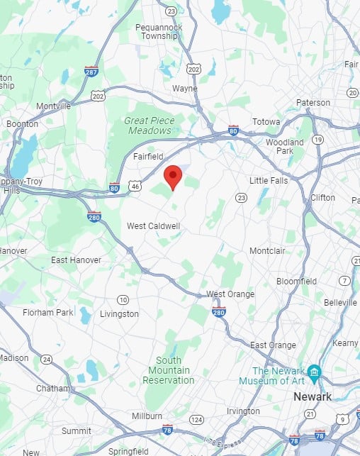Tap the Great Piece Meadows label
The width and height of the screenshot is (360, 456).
click(149, 126)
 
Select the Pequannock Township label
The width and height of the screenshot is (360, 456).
click(159, 32)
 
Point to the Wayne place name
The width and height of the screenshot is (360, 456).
click(185, 89)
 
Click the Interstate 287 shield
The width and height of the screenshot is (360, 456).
click(91, 72)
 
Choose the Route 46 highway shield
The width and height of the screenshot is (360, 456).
click(134, 184)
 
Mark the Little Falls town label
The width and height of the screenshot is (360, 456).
click(269, 180)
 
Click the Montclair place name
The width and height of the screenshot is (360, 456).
click(269, 251)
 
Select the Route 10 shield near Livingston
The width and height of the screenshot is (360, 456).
click(123, 299)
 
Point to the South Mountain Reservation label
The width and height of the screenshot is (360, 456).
click(169, 370)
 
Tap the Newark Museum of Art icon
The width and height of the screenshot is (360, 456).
click(314, 372)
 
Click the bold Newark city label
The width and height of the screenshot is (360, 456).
click(313, 397)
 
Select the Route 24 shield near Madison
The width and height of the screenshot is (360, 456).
click(46, 360)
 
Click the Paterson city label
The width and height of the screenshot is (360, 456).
click(313, 103)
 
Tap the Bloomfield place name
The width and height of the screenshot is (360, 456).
click(296, 281)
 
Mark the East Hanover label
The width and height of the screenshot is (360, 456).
click(76, 260)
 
